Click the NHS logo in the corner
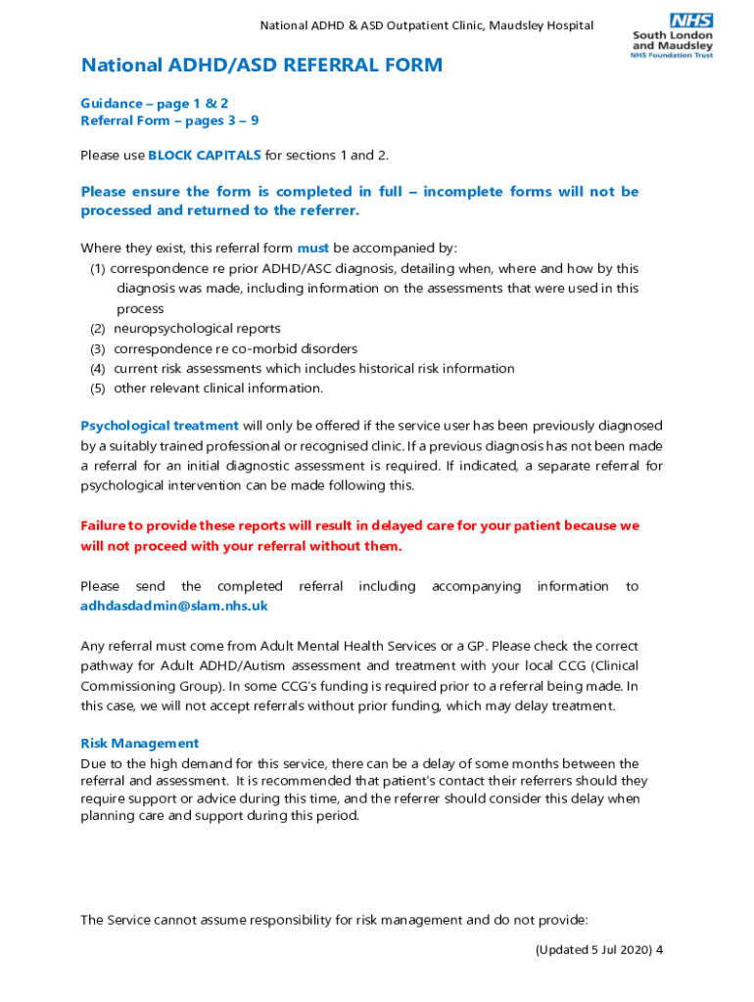(x=691, y=21)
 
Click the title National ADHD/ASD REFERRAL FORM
(x=261, y=66)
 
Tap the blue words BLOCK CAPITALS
(x=205, y=155)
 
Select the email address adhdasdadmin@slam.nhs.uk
(x=173, y=606)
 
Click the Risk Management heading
(x=139, y=743)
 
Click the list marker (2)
(x=97, y=329)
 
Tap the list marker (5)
(x=97, y=388)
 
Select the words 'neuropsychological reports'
(x=197, y=329)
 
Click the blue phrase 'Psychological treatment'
(x=159, y=426)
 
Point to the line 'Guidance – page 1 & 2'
(x=155, y=103)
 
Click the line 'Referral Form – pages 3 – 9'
(x=169, y=121)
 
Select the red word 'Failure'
(x=106, y=525)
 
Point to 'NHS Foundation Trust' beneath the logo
(x=672, y=55)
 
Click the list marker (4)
(x=97, y=369)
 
